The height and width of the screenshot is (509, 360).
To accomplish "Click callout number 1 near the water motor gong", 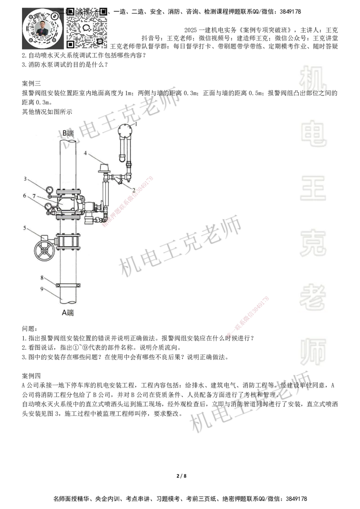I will coord(137,123).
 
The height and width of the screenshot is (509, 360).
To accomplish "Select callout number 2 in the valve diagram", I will coord(134,191).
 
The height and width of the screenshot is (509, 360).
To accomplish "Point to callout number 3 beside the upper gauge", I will coord(25,179).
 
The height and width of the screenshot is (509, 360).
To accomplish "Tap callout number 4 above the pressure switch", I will coord(85,153).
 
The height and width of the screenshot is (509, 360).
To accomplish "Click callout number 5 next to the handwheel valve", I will coord(25,228).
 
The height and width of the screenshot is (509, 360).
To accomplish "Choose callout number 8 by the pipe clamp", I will coord(41,277).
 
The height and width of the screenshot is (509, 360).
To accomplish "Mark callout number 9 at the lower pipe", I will coord(42,289).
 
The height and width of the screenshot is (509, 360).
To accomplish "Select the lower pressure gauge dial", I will coord(48,206).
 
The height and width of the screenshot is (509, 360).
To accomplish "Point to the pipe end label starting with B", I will coord(68,133).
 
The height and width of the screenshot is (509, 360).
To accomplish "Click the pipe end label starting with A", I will coord(68,313).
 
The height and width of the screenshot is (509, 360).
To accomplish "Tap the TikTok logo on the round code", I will coord(54,16).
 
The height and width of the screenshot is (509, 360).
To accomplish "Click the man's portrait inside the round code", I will coord(42,29).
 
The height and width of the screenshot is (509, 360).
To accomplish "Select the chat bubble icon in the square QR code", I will coord(87,28).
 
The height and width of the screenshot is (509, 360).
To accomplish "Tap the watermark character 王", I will coord(313,188).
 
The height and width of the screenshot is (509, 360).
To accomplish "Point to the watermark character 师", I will coord(313,352).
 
